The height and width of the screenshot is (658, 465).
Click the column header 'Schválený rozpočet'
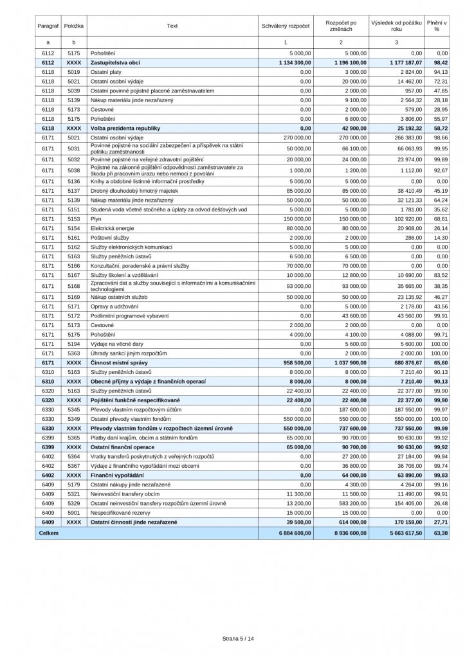[286, 26]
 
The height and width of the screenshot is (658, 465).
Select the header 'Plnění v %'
[437, 26]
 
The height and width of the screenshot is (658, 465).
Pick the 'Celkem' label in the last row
[49, 534]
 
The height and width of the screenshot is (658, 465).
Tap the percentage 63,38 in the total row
[440, 534]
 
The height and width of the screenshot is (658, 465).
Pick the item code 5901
[73, 515]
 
